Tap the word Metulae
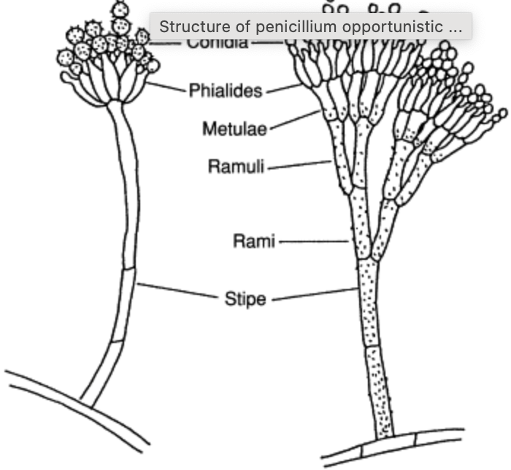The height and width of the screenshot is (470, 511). coord(234,129)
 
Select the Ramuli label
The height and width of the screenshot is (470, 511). coord(237,166)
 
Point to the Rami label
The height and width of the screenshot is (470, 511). coord(254,240)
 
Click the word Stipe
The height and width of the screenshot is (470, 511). coord(245,298)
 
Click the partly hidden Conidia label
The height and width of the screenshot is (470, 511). coord(217,43)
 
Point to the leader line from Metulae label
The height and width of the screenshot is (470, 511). coord(292,120)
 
